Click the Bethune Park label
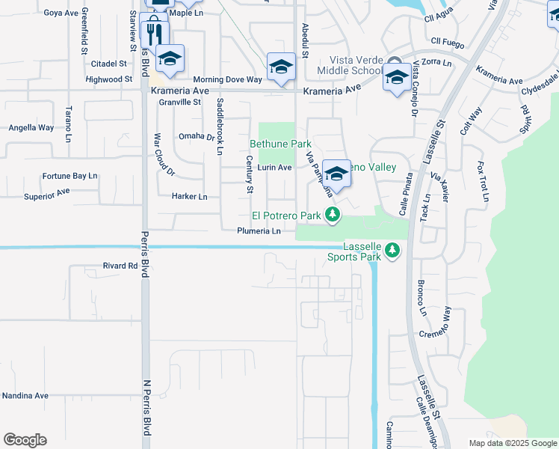[280, 143]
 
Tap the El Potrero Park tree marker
[333, 216]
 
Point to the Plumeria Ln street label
[259, 231]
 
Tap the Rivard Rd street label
[120, 266]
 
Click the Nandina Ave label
[25, 395]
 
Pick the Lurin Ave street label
[274, 168]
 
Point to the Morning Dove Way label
[228, 79]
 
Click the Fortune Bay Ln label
[70, 177]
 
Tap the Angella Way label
[31, 128]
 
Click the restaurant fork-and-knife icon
[155, 34]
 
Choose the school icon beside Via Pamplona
[337, 174]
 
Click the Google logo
[25, 440]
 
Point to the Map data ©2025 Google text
[512, 443]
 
